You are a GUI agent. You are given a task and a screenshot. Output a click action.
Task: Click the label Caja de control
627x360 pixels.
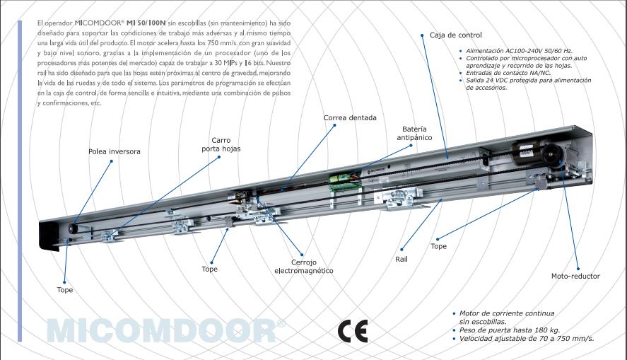click(x=455, y=35)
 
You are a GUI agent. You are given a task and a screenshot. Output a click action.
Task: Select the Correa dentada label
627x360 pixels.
click(x=350, y=117)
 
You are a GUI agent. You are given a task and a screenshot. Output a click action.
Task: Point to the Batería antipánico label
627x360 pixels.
click(x=414, y=134)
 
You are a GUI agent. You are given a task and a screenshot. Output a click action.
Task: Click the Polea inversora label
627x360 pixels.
click(x=114, y=151)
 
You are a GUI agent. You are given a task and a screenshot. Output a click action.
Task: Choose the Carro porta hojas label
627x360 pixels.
click(x=221, y=145)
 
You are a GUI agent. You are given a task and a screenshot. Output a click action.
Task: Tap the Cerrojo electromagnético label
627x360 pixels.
click(x=304, y=266)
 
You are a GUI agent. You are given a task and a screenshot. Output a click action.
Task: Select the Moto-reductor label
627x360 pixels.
click(x=575, y=276)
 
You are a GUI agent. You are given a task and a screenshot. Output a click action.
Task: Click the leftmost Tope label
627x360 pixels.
click(x=65, y=290)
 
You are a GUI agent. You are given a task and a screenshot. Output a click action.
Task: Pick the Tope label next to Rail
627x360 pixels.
click(x=438, y=246)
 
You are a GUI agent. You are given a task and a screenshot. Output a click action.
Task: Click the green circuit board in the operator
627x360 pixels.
click(x=344, y=181)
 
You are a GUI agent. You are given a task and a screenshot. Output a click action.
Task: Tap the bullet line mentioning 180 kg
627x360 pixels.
click(x=494, y=330)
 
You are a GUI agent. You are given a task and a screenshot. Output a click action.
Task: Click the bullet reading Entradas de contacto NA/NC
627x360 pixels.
click(x=505, y=73)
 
